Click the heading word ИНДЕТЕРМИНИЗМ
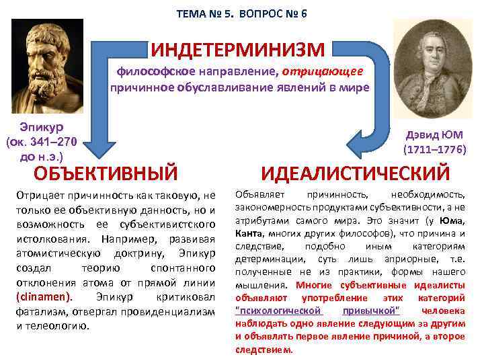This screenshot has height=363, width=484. pos(238,49)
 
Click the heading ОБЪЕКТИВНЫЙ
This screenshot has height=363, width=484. pos(106,172)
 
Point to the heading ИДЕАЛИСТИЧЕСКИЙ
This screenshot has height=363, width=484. pos(356,173)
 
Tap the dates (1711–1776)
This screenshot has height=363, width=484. pos(434,149)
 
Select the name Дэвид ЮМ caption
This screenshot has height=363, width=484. pos(435,134)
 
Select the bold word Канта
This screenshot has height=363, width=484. pos(249,233)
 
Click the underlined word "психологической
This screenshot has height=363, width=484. pos(279,310)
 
